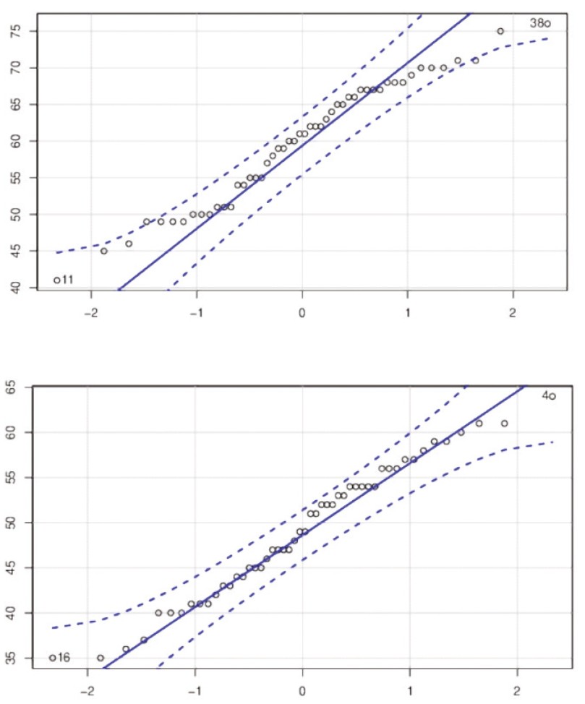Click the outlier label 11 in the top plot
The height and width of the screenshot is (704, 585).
[x=67, y=280]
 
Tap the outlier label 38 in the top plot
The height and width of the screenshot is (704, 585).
[x=537, y=24]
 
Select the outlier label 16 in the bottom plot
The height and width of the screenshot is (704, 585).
[x=63, y=658]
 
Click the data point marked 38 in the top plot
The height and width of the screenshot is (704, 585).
[x=547, y=24]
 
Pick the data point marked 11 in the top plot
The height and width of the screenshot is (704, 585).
[x=56, y=280]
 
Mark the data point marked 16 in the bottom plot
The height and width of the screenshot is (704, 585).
[x=52, y=658]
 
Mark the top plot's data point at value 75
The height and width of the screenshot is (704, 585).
[x=500, y=31]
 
